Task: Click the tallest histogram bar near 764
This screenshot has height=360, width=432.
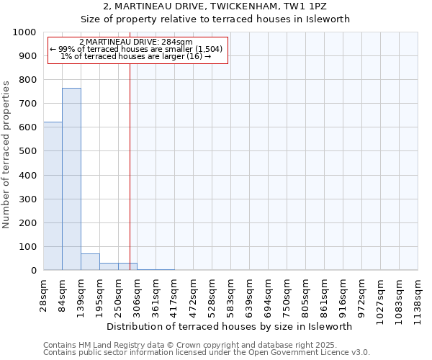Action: pyautogui.click(x=71, y=179)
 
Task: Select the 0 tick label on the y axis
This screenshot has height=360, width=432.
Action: pyautogui.click(x=33, y=271)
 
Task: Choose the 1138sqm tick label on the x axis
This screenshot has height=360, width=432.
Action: pyautogui.click(x=418, y=294)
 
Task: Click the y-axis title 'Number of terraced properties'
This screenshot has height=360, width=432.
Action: pyautogui.click(x=6, y=154)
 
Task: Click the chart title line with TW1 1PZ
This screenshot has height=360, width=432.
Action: pyautogui.click(x=215, y=6)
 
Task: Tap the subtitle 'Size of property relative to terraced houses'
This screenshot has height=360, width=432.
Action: pyautogui.click(x=215, y=19)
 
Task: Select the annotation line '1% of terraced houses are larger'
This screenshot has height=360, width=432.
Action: pyautogui.click(x=136, y=57)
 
